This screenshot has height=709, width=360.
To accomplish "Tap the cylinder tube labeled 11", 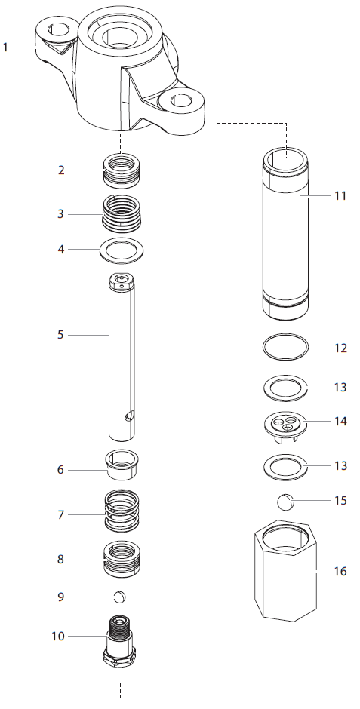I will pyautogui.click(x=286, y=234).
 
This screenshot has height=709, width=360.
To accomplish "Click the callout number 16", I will pyautogui.click(x=340, y=571).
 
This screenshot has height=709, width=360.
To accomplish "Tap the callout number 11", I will pyautogui.click(x=340, y=195).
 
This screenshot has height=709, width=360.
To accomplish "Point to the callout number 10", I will pyautogui.click(x=58, y=636).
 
